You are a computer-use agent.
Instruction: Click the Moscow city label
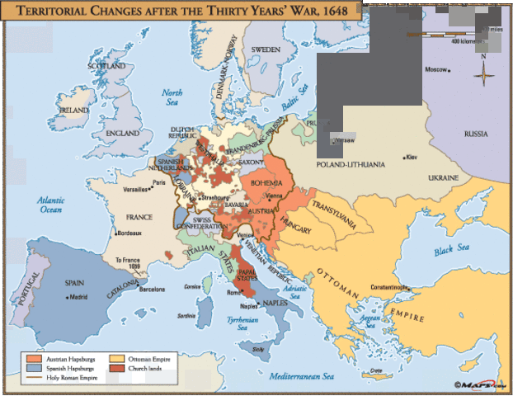[436, 69]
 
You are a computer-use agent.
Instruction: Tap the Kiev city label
[415, 156]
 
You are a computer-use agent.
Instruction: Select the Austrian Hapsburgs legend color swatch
[32, 357]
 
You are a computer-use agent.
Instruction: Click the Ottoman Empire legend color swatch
[117, 357]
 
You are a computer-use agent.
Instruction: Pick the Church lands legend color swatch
[117, 368]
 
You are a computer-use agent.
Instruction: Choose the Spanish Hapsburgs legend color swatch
[32, 368]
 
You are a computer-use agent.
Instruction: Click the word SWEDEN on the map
[266, 49]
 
